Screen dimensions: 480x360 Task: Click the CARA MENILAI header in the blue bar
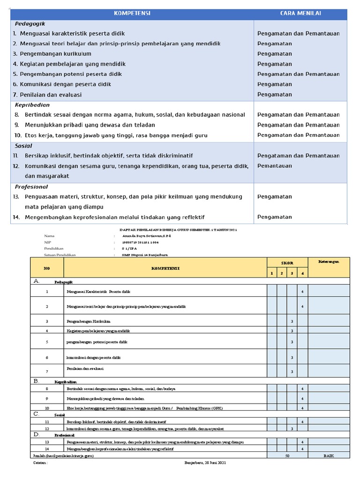click(x=300, y=13)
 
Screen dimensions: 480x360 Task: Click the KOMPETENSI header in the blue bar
click(x=132, y=13)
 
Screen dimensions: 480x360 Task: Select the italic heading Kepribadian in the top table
click(x=32, y=105)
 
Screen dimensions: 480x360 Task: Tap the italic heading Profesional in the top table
click(x=31, y=187)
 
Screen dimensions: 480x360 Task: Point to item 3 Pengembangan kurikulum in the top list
click(x=55, y=54)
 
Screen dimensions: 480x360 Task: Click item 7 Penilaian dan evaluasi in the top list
click(x=50, y=95)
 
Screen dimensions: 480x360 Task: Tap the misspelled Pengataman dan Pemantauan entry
click(x=299, y=156)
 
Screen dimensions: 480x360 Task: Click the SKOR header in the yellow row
click(x=287, y=263)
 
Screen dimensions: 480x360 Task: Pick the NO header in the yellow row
click(x=46, y=268)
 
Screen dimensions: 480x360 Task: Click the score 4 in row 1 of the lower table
click(x=302, y=292)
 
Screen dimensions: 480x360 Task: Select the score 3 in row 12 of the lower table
click(x=292, y=428)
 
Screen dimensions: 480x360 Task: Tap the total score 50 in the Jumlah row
click(x=287, y=455)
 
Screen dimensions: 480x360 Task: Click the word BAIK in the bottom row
click(x=328, y=455)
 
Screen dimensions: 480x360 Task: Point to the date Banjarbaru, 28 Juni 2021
click(x=205, y=463)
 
